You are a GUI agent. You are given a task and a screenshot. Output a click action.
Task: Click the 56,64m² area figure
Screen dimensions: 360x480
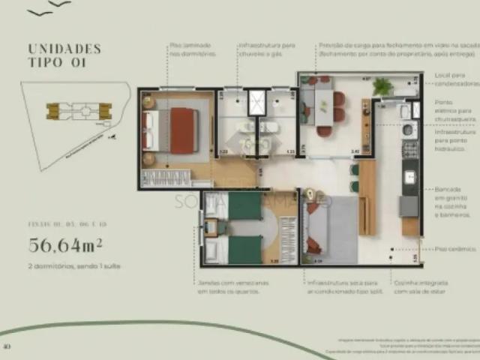tap(65, 244)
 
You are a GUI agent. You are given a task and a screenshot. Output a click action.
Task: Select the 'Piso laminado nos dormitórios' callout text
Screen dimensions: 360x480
tap(193, 49)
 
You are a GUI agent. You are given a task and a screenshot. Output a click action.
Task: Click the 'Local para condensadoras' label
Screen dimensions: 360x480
tap(449, 79)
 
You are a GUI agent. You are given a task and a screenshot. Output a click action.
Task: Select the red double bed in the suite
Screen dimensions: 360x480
tap(182, 130)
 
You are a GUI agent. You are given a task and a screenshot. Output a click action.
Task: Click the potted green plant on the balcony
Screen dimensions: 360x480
tap(382, 86)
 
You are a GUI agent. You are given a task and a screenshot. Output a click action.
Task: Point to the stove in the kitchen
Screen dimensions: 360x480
tap(410, 148)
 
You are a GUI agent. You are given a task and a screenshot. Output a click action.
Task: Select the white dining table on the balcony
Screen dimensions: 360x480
tap(323, 103)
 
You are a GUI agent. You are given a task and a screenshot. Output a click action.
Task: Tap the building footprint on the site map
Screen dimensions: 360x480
tap(79, 112)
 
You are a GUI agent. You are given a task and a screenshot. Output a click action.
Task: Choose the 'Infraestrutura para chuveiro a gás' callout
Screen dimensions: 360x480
tap(266, 49)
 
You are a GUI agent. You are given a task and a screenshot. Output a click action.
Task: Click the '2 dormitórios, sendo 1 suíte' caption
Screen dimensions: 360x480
tap(74, 266)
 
